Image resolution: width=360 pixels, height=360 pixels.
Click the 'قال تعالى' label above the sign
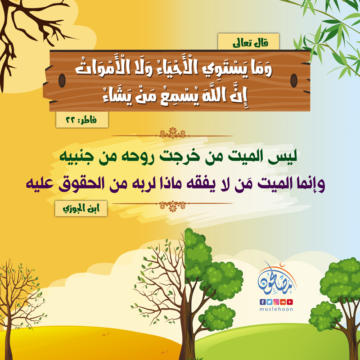(248, 41)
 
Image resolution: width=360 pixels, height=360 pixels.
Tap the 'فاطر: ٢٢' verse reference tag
(82, 120)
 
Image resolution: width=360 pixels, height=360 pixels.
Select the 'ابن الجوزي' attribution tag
(81, 208)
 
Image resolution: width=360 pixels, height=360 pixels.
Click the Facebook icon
(262, 302)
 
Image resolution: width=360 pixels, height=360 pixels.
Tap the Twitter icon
(269, 302)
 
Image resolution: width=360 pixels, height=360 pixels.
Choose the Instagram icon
(276, 302)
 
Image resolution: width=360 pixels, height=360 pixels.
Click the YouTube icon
(290, 302)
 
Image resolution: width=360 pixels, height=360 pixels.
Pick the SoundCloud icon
(283, 302)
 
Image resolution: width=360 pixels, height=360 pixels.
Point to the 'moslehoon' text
(276, 309)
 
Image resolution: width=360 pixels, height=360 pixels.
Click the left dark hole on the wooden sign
(62, 81)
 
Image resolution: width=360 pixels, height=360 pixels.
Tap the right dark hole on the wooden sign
(294, 81)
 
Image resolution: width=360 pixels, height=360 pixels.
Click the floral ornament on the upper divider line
(172, 133)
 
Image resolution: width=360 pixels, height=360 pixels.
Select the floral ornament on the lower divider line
(172, 206)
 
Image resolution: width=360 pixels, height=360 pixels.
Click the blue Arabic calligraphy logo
(277, 279)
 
